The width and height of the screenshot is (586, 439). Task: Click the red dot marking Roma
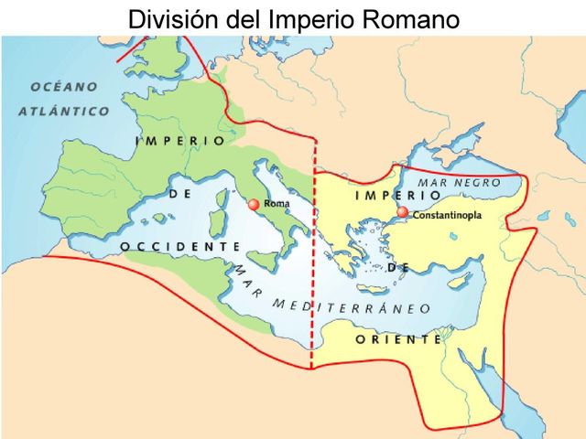click(x=254, y=205)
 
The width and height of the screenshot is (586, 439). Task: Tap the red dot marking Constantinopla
click(x=403, y=212)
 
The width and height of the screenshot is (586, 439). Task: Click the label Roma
click(x=276, y=204)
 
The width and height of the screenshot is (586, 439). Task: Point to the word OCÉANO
click(x=64, y=87)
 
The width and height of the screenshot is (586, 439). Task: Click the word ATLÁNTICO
click(x=63, y=111)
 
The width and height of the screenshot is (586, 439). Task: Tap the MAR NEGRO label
click(x=459, y=183)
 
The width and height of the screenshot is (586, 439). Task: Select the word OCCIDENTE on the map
click(x=179, y=247)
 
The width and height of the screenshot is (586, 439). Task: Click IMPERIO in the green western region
click(x=179, y=141)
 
